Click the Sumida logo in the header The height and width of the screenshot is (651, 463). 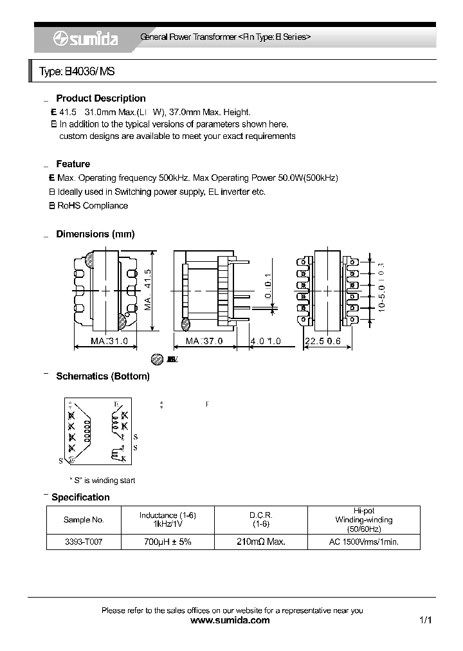85,39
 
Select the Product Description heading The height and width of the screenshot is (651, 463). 101,98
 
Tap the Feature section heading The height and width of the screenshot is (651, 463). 73,164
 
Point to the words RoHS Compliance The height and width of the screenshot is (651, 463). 93,206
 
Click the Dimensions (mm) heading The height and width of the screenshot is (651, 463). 95,234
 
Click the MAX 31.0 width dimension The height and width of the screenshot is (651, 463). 109,341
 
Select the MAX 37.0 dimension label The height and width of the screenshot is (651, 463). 204,341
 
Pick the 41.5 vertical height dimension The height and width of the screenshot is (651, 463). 148,289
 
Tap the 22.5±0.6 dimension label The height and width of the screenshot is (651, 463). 323,341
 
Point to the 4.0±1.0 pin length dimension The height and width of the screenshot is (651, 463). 266,341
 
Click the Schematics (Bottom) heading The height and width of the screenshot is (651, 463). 103,376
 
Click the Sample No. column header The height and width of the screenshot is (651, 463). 84,520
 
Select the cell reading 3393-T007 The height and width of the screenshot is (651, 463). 84,542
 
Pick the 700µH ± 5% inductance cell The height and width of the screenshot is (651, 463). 167,542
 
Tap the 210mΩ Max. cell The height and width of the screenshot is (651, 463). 261,542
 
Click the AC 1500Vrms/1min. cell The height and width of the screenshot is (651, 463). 364,542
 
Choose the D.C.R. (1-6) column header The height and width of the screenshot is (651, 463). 261,520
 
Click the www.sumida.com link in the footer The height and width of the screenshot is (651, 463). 231,621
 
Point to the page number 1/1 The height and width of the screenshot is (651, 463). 425,621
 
